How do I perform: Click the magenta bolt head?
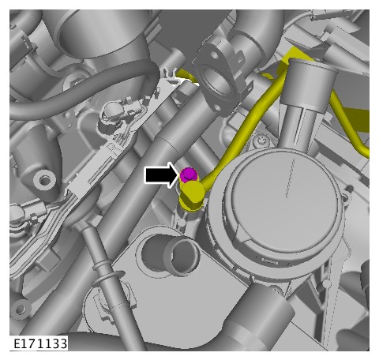[x=189, y=174]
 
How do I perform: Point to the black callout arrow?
[x=162, y=175]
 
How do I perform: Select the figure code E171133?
[x=40, y=343]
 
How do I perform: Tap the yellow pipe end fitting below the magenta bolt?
[x=192, y=196]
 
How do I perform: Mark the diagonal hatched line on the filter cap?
[x=290, y=178]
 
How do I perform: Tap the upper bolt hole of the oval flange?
[x=215, y=55]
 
